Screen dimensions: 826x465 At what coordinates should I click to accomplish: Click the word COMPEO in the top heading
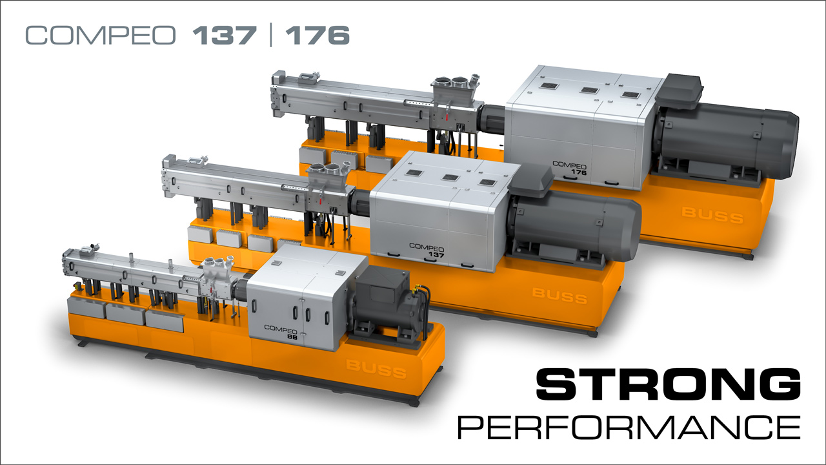tap(100, 36)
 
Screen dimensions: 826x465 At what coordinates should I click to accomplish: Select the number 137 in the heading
tap(225, 36)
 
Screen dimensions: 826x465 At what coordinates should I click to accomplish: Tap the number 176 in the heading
tap(317, 36)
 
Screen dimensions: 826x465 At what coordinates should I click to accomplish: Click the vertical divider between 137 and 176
tap(271, 35)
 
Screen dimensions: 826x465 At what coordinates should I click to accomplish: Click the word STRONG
tap(668, 384)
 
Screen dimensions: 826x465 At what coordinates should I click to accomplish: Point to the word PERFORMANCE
tap(629, 427)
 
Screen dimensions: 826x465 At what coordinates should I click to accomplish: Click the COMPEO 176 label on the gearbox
tap(569, 168)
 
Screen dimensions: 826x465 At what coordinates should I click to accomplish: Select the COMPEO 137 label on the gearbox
tap(427, 250)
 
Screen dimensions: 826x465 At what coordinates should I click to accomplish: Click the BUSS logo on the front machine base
tap(376, 369)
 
